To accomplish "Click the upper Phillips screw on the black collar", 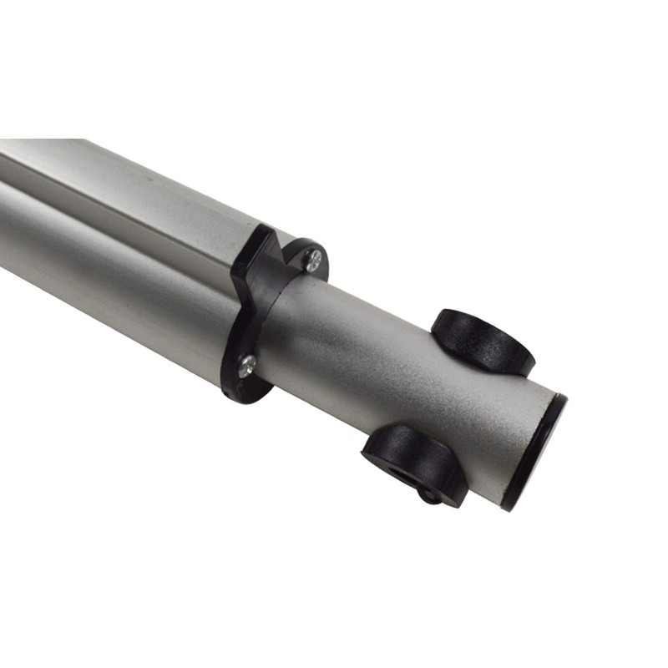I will pyautogui.click(x=313, y=261).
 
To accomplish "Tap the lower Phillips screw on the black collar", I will pyautogui.click(x=246, y=366).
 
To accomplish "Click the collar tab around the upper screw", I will pyautogui.click(x=304, y=250).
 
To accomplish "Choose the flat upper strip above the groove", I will pyautogui.click(x=125, y=167).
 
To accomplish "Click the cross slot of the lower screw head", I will pyautogui.click(x=246, y=366).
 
